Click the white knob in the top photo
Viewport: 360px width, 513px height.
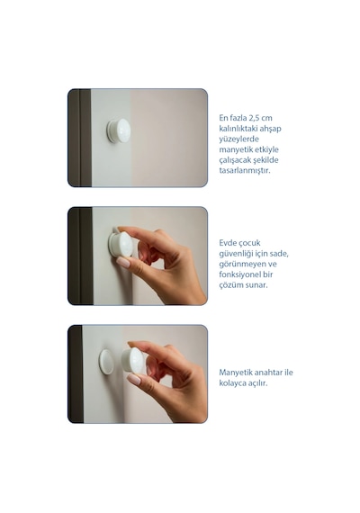(119, 130)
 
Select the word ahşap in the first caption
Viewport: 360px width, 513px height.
(270, 129)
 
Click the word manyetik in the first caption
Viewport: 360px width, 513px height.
(235, 149)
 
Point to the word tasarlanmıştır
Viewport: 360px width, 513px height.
(245, 170)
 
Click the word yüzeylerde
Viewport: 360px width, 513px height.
(238, 139)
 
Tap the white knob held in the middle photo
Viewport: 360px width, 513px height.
(121, 244)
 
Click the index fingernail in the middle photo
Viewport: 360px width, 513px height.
(123, 262)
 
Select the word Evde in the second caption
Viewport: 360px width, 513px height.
(227, 243)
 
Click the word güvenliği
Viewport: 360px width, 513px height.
(236, 254)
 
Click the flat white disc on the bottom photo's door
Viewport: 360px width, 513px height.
(106, 362)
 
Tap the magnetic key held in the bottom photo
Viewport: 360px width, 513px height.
(133, 360)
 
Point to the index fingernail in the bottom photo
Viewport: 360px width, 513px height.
(134, 380)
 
